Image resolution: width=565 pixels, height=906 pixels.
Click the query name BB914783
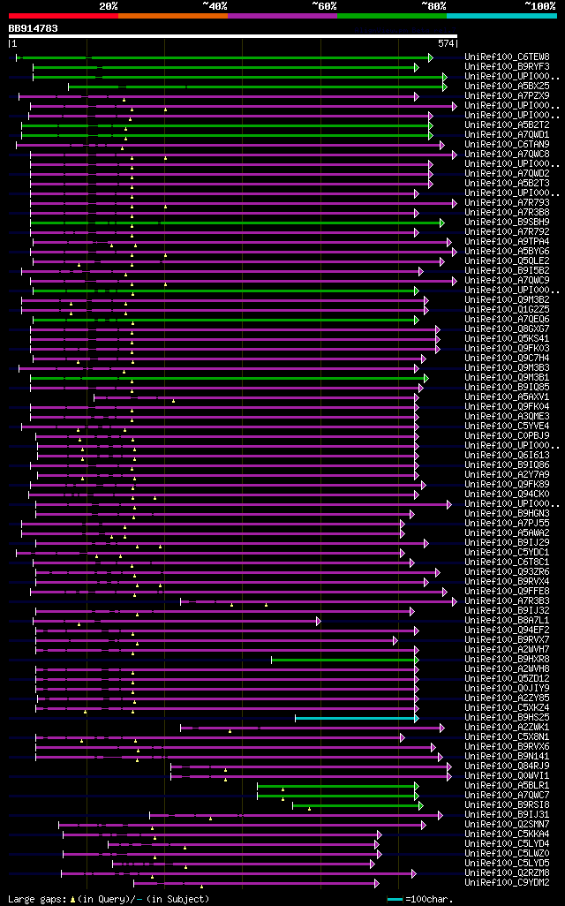click(x=34, y=28)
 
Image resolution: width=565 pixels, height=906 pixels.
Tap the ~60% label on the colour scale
click(x=324, y=5)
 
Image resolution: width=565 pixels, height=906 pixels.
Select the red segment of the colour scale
click(x=63, y=15)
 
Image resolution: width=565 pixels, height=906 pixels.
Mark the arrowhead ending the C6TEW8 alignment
click(x=430, y=57)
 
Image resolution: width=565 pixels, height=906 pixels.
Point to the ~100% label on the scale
click(x=539, y=5)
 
